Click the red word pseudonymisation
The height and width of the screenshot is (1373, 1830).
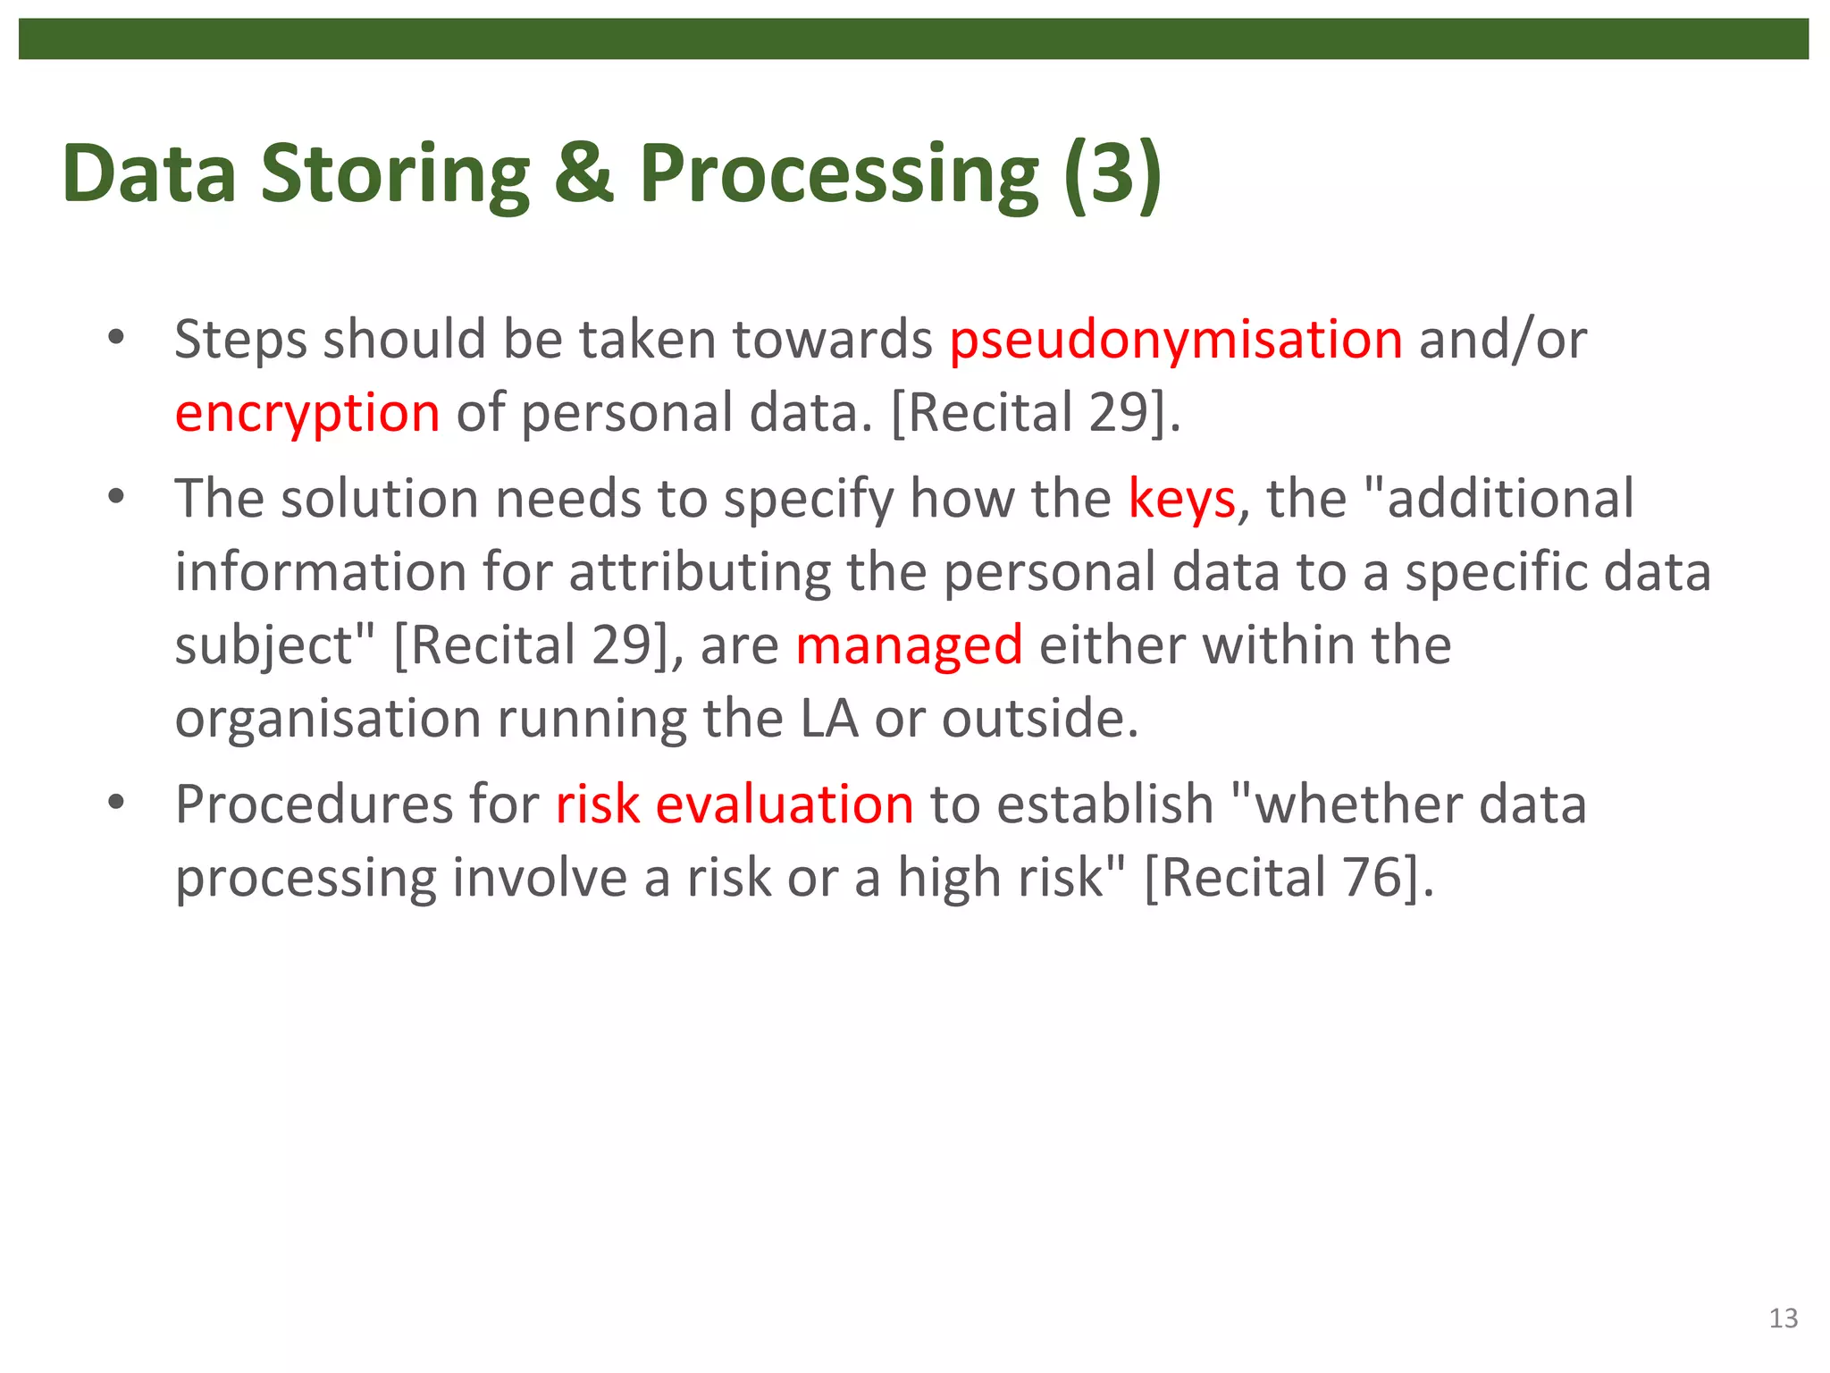click(1175, 341)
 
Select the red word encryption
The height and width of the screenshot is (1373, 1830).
click(307, 414)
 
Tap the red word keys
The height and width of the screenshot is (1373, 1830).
click(1181, 499)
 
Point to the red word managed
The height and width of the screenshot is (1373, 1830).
click(909, 646)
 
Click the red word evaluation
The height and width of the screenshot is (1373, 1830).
click(785, 804)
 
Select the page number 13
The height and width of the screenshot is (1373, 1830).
click(1783, 1318)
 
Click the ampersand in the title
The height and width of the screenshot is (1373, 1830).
click(583, 173)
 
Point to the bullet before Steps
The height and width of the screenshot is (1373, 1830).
click(115, 339)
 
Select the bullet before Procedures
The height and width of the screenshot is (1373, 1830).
click(115, 803)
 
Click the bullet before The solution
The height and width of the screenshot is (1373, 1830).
click(115, 497)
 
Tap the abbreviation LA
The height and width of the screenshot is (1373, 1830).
click(828, 719)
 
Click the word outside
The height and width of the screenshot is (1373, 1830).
click(1039, 719)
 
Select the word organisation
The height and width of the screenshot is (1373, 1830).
click(328, 719)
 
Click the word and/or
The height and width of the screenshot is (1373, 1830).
click(1502, 341)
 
